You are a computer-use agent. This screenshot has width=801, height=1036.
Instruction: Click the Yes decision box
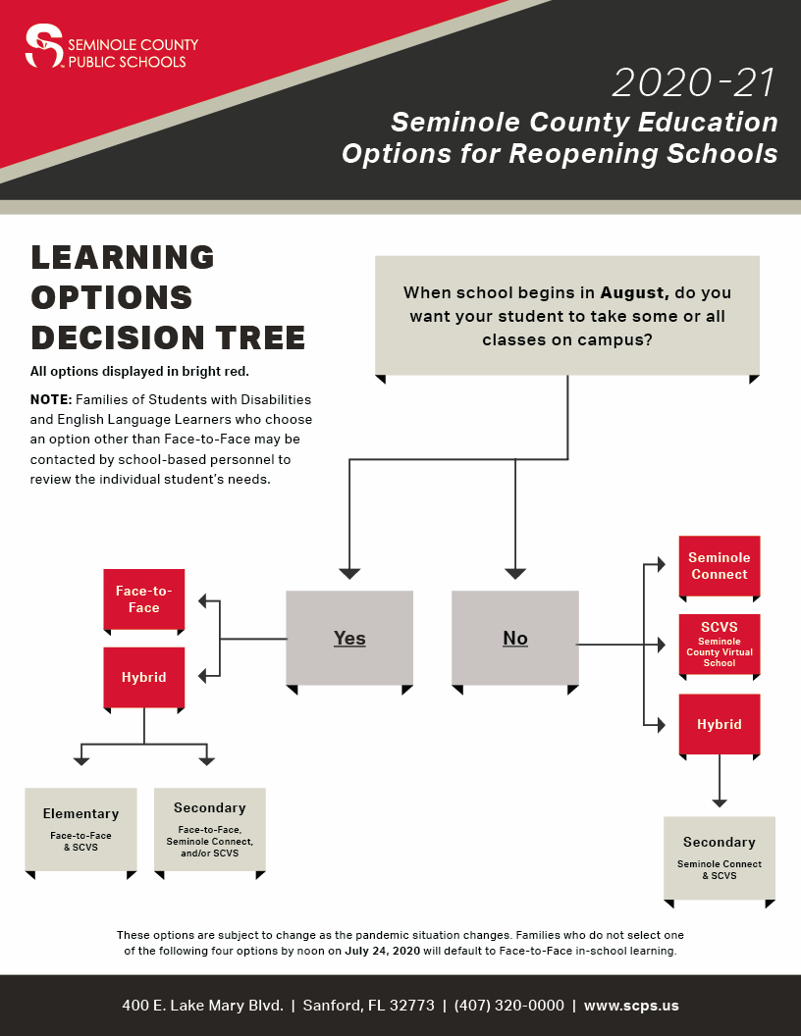point(349,638)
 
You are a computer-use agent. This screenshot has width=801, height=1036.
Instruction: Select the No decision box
point(515,638)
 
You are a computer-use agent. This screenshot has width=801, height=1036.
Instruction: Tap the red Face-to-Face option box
point(143,599)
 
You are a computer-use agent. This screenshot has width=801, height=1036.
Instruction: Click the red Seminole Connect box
point(720,566)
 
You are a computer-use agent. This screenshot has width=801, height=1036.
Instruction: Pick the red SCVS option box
point(720,644)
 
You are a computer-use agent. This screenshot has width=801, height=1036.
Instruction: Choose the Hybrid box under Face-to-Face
point(143,677)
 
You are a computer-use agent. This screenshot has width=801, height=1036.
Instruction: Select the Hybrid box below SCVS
point(720,724)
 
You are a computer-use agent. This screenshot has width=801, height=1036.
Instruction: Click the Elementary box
point(80,829)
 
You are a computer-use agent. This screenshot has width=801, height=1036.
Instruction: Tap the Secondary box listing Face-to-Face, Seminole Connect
point(210,829)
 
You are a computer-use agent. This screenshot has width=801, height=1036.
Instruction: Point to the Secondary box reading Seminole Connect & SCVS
point(720,856)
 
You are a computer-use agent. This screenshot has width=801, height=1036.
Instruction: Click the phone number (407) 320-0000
point(509,1006)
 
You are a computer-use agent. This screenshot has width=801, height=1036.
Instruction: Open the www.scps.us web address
point(631,1006)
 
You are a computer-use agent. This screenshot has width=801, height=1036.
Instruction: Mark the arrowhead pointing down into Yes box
point(349,573)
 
